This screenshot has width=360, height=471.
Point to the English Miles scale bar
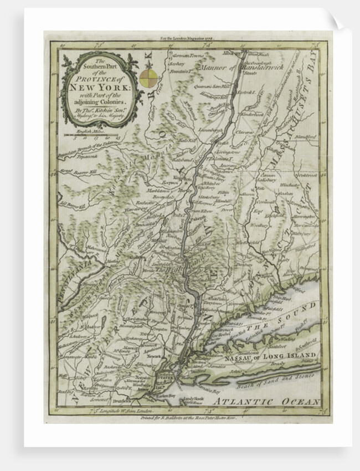91,135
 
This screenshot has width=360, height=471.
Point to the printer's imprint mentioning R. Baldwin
188,420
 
